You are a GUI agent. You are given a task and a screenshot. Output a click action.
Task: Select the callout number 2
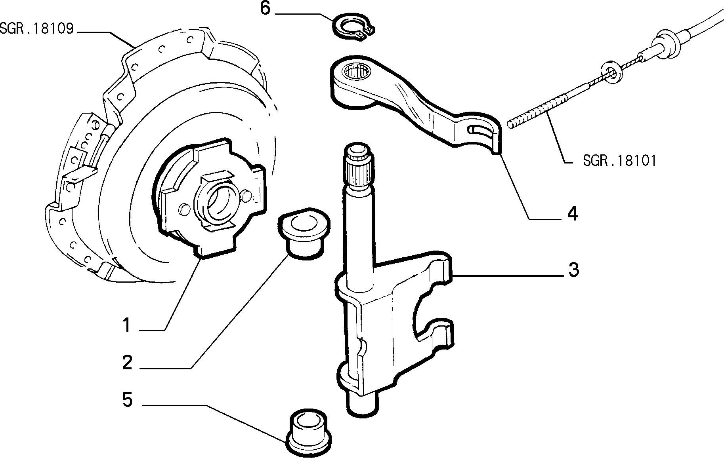click(127, 363)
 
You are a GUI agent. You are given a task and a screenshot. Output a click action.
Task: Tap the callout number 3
click(573, 270)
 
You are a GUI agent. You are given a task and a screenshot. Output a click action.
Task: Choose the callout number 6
click(265, 9)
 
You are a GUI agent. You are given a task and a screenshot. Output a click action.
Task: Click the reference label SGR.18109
click(37, 29)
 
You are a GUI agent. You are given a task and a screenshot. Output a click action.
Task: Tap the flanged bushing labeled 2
click(304, 234)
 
